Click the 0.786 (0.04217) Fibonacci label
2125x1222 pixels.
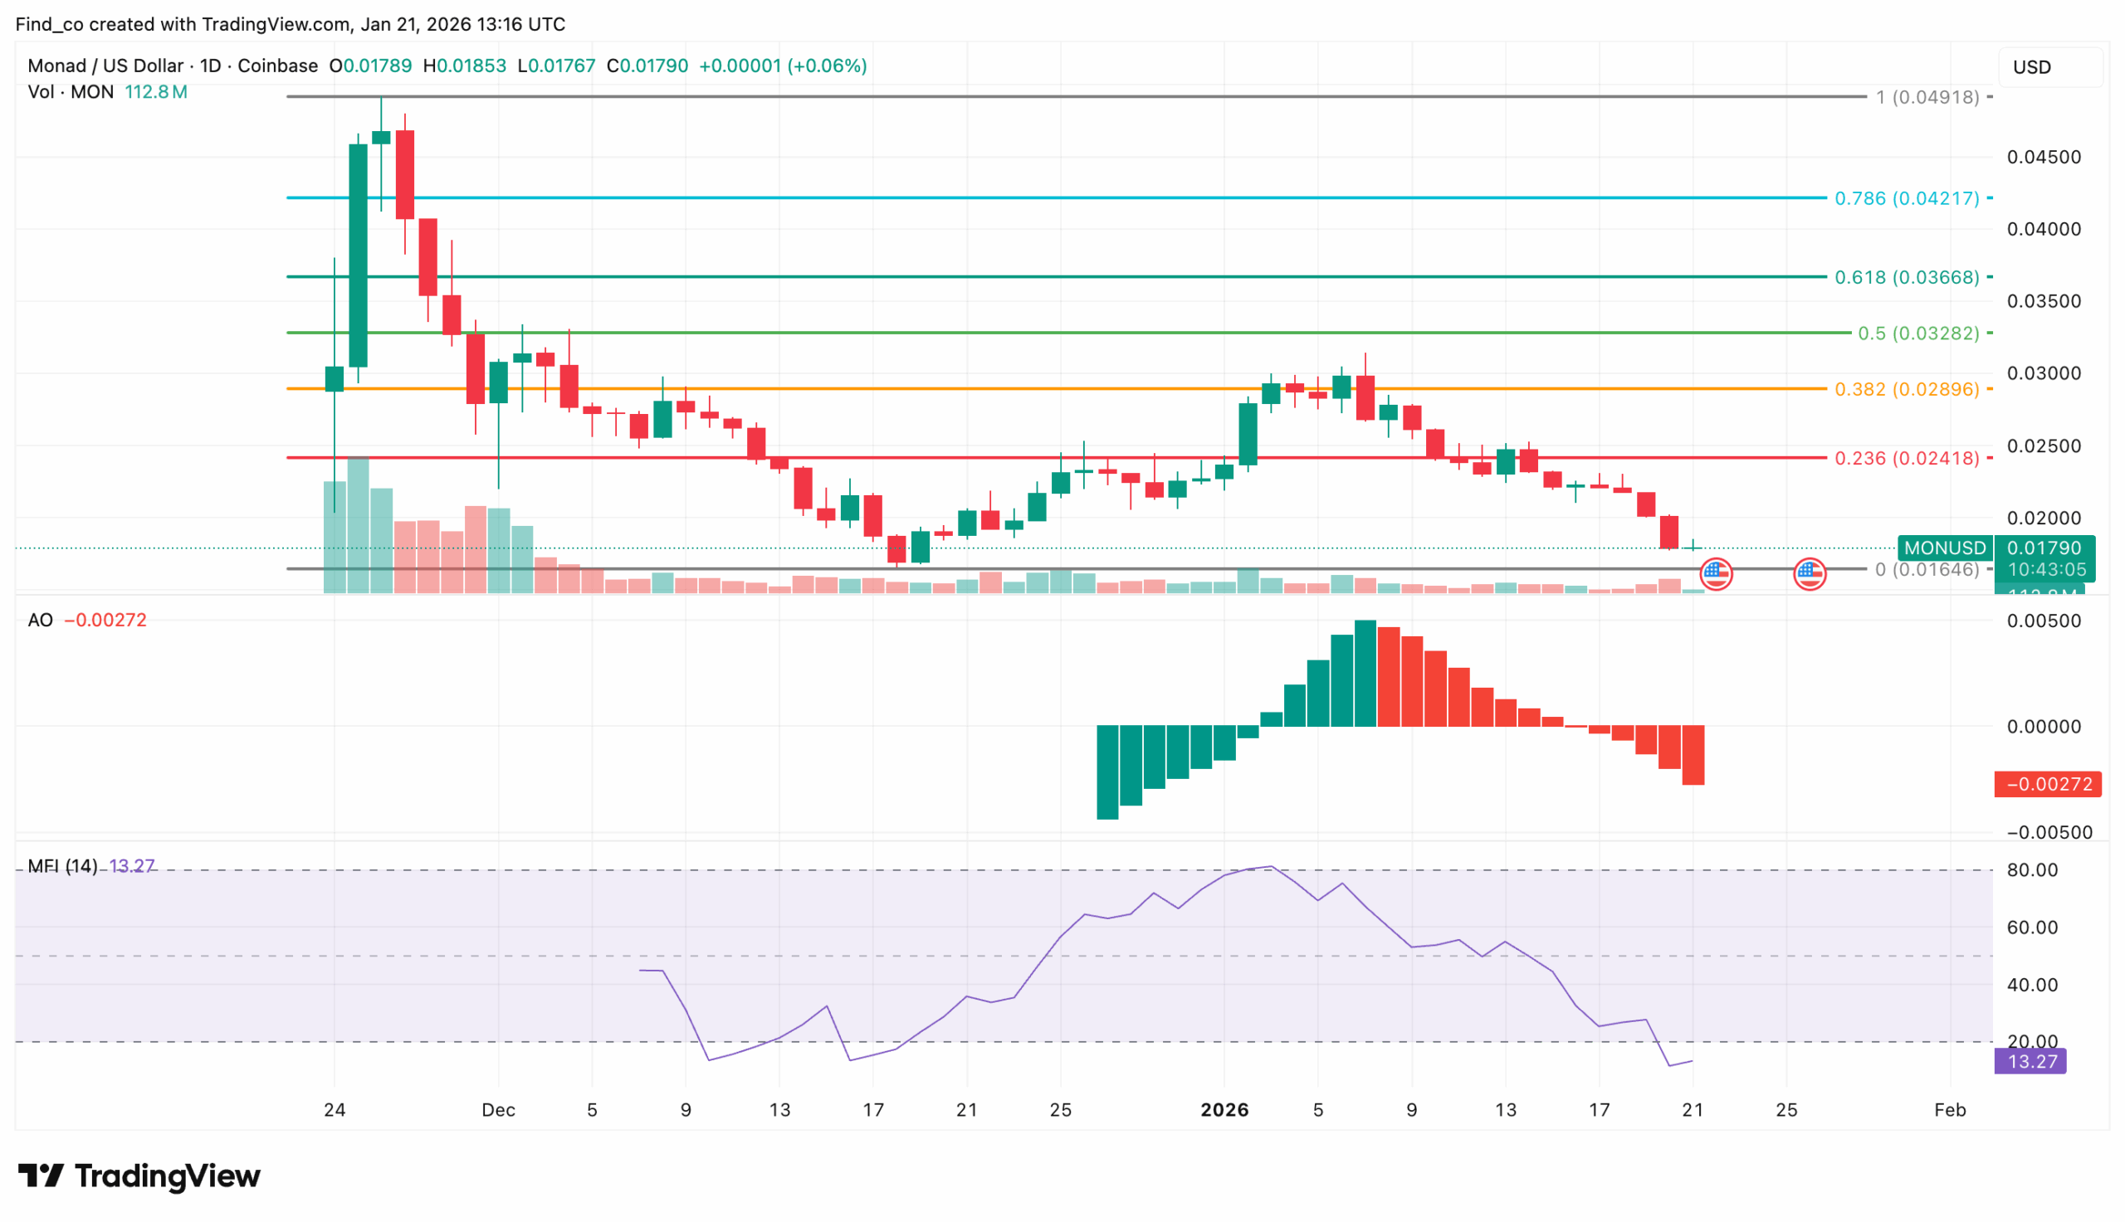click(1905, 198)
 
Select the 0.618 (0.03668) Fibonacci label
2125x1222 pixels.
click(1905, 277)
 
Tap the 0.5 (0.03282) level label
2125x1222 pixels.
click(1917, 333)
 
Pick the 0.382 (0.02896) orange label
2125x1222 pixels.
click(1905, 389)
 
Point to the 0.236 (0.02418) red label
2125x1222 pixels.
click(1905, 458)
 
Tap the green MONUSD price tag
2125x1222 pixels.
click(1944, 548)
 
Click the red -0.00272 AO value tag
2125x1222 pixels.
click(2047, 784)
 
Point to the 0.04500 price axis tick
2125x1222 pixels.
click(2043, 157)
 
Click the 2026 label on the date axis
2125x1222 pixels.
click(1224, 1109)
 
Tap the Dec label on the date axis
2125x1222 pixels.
click(498, 1109)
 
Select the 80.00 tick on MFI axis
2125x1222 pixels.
click(2032, 870)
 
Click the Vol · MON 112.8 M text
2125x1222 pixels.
click(107, 92)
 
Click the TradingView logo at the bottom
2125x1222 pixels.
click(139, 1175)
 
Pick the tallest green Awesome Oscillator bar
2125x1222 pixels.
click(1365, 673)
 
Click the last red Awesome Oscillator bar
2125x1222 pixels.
click(1693, 756)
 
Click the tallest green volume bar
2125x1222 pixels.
click(358, 524)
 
